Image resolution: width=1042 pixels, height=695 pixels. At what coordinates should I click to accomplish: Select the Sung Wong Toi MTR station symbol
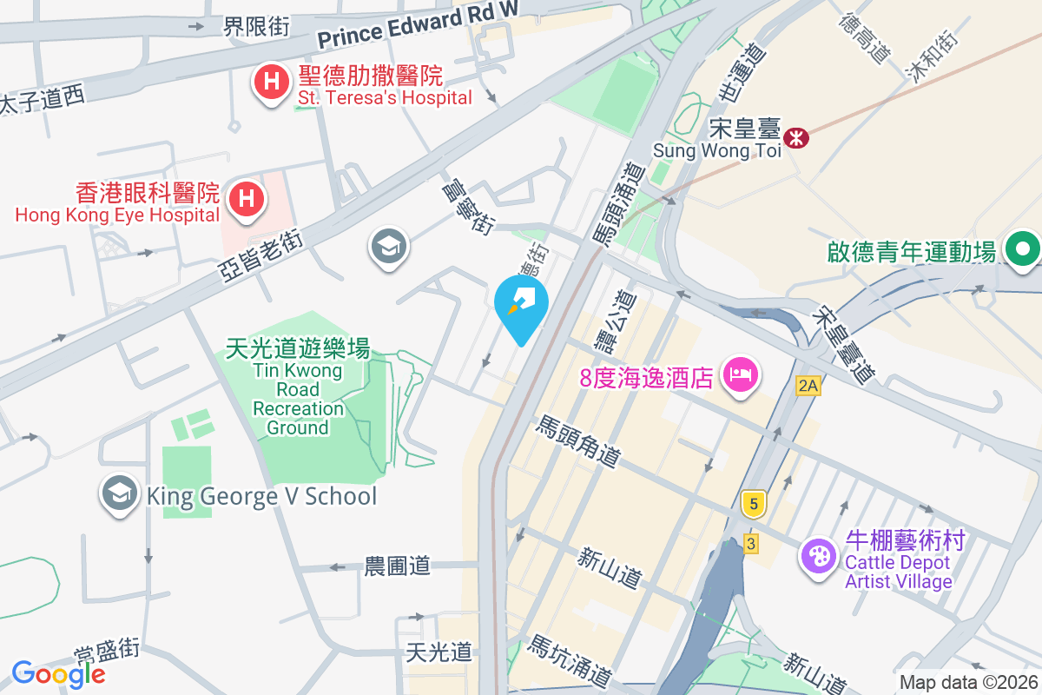795,137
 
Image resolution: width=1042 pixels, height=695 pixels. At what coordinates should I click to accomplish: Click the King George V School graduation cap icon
118,495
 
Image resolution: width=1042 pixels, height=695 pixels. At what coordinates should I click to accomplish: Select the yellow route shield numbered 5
754,503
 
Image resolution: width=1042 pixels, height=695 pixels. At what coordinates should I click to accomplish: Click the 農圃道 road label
397,566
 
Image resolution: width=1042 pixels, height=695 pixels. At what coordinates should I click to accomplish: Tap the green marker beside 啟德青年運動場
1023,250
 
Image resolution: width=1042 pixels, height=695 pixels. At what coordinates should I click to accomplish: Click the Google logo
58,674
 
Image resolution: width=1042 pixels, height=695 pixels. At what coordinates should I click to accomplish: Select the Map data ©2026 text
967,683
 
